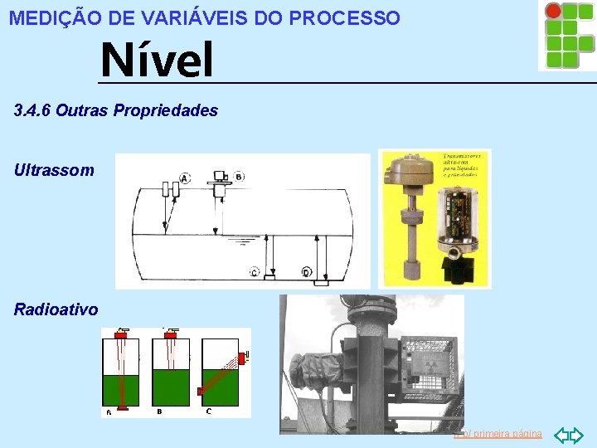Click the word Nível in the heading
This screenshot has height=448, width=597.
tap(156, 61)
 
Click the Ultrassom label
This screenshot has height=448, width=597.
tap(54, 170)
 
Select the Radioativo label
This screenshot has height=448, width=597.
tap(56, 309)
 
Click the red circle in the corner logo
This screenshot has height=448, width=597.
tap(552, 11)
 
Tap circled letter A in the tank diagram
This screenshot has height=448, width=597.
tap(184, 178)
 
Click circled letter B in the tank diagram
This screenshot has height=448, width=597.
tap(239, 177)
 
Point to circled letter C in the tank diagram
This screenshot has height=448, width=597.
tap(254, 272)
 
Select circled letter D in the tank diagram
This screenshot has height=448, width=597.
tap(305, 272)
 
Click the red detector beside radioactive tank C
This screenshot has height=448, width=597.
tap(243, 358)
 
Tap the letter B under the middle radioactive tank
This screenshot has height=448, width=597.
tap(159, 411)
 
